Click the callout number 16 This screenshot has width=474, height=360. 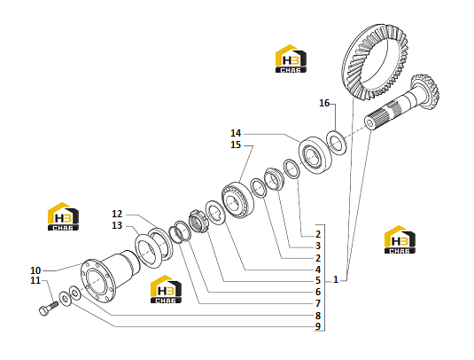tap(324, 104)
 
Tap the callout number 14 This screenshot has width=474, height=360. tap(236, 133)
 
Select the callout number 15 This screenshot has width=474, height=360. tap(236, 145)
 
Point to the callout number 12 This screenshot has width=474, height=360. tap(117, 214)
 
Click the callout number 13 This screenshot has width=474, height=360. tap(117, 225)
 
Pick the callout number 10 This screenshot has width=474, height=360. tap(35, 270)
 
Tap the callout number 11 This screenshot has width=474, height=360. tap(35, 280)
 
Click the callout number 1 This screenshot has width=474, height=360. tap(336, 279)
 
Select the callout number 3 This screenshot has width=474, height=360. tap(318, 246)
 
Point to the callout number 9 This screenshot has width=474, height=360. tap(318, 326)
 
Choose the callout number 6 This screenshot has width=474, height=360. tap(318, 292)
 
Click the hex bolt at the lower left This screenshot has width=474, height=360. tap(49, 308)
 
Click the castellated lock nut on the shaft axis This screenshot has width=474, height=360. tap(198, 222)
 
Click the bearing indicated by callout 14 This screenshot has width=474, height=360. tap(315, 155)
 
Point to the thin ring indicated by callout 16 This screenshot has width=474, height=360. tap(337, 143)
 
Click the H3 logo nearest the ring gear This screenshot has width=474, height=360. tap(291, 59)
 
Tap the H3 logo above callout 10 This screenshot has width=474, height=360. tap(63, 216)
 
